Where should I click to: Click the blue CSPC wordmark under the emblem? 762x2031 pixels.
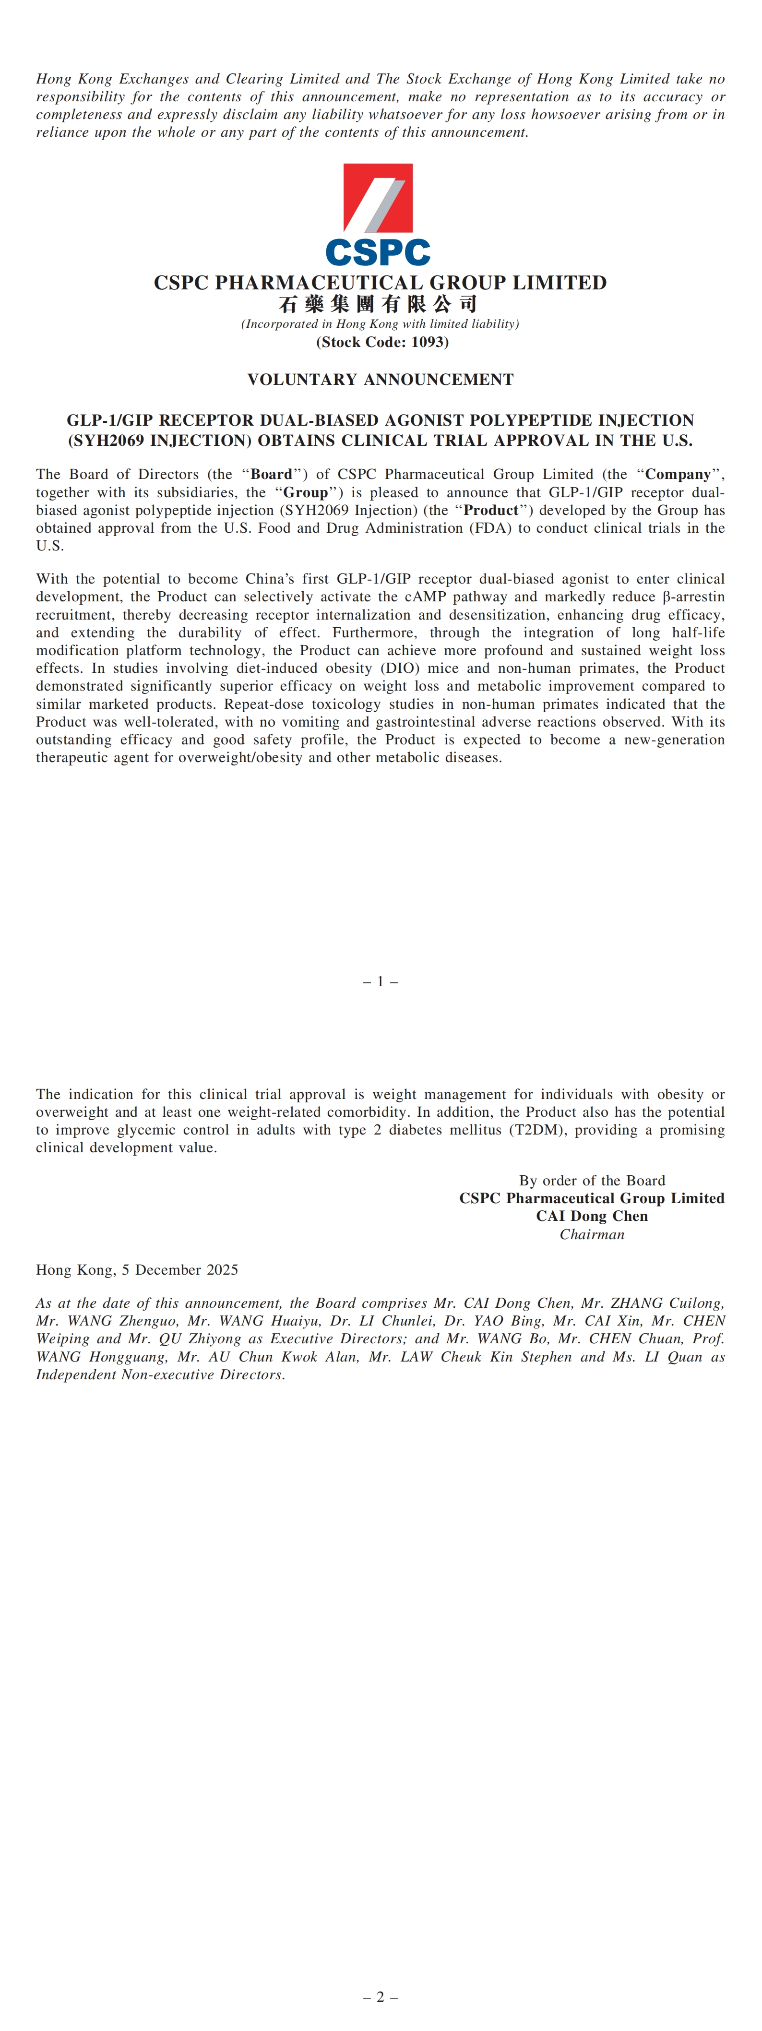tap(378, 252)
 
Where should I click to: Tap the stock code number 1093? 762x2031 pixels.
tap(428, 342)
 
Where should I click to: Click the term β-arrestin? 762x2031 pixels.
tap(693, 597)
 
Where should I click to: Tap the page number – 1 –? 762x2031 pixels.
tap(380, 981)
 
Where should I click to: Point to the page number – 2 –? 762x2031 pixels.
tap(380, 1997)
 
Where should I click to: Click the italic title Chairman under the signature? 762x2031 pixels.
tap(592, 1235)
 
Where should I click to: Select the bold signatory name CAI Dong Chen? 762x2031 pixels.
tap(592, 1217)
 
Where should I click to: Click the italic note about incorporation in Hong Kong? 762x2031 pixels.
tap(380, 324)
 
